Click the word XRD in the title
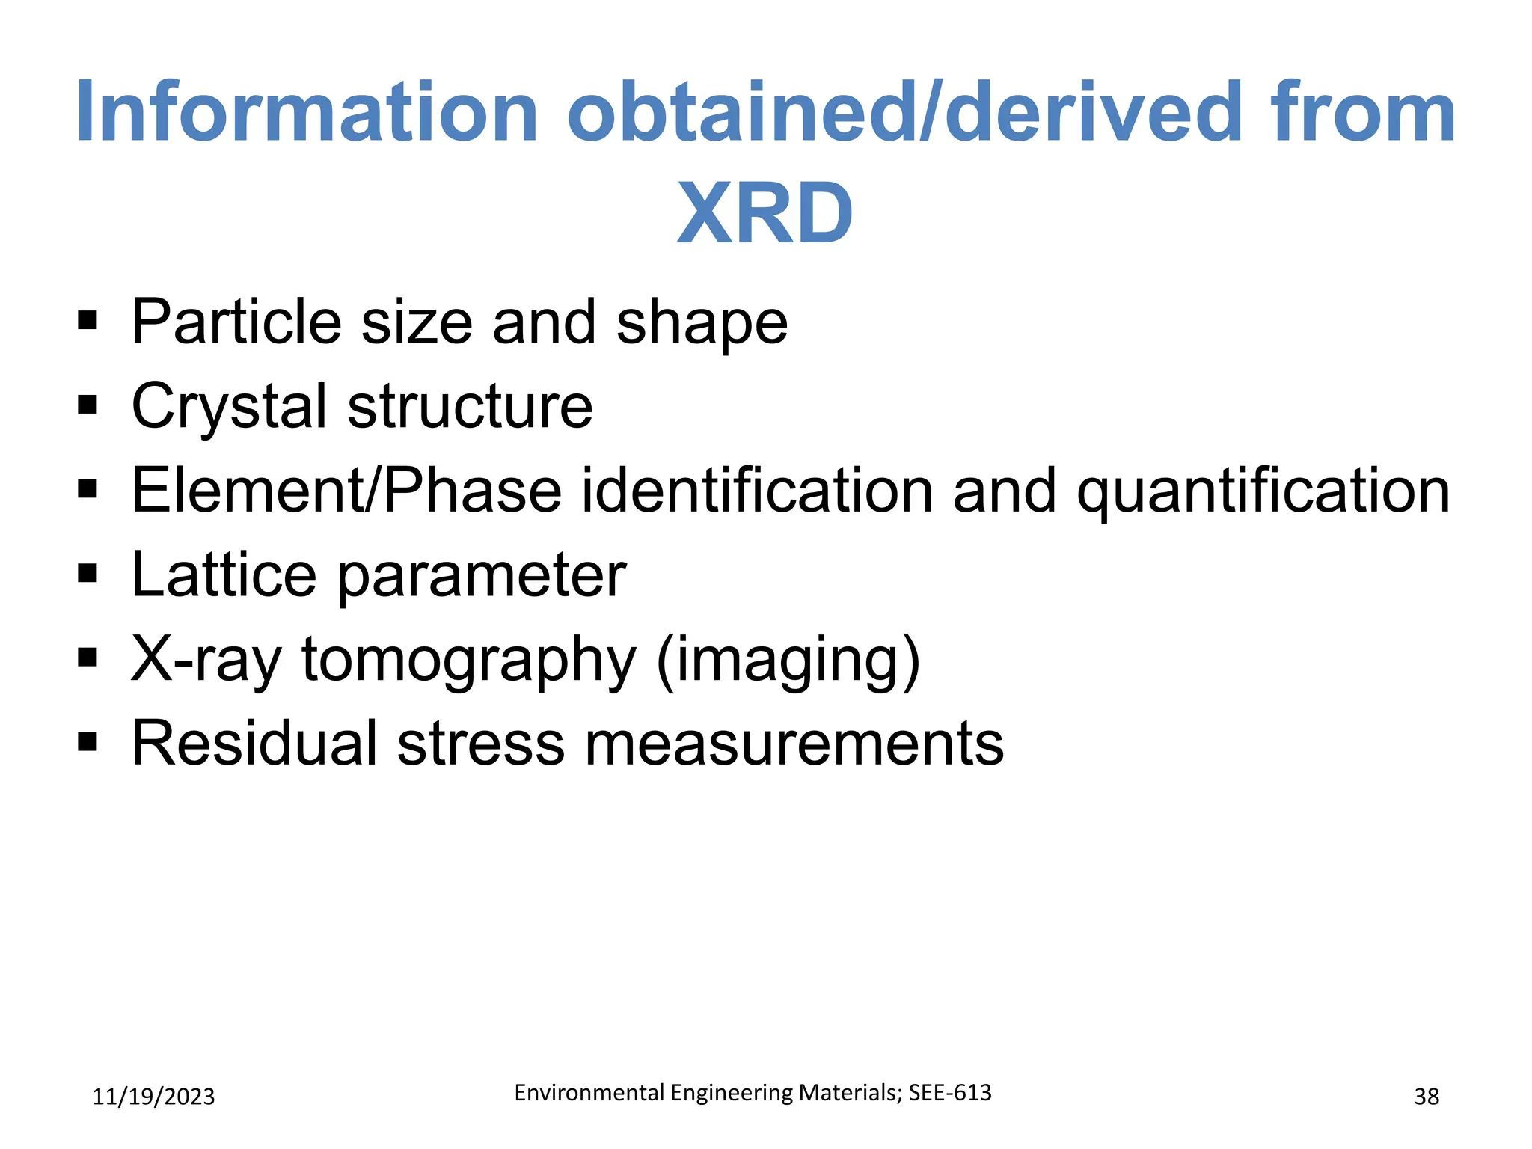(765, 214)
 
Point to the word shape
(702, 323)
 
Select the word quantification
(1263, 491)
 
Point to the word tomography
(468, 661)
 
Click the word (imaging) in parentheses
(788, 661)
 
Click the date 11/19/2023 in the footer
(153, 1097)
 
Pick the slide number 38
(1427, 1097)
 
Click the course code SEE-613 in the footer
(950, 1093)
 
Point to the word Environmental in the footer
(589, 1093)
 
